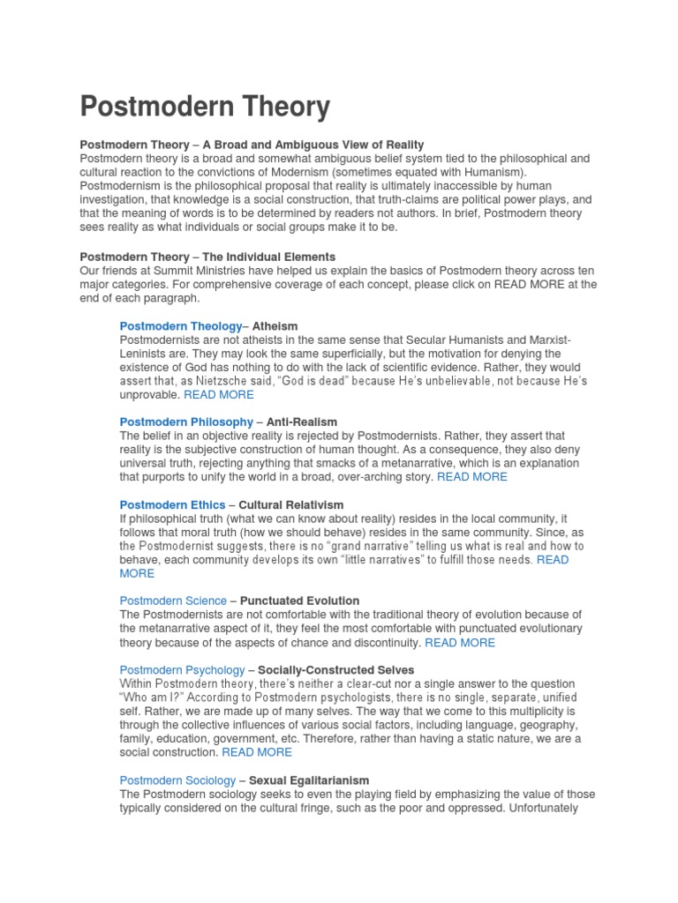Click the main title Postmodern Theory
point(205,108)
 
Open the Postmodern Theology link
point(180,325)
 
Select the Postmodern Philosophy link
point(185,422)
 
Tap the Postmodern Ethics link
point(172,505)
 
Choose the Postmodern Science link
point(174,601)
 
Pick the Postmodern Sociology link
point(177,780)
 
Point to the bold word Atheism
point(275,325)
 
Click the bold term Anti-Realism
point(302,422)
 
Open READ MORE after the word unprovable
point(218,394)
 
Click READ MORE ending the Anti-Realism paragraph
point(472,476)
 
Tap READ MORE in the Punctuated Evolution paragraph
point(460,642)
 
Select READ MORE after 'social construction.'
point(257,752)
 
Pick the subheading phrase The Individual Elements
point(257,257)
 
